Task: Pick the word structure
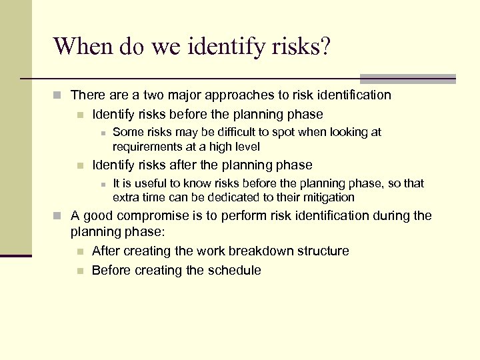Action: [x=321, y=251]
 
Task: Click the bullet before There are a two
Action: [x=60, y=96]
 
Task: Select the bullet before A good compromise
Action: [x=60, y=216]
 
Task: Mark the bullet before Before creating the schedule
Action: [x=80, y=271]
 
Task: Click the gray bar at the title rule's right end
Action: [x=407, y=79]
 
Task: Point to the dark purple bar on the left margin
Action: [x=16, y=255]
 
